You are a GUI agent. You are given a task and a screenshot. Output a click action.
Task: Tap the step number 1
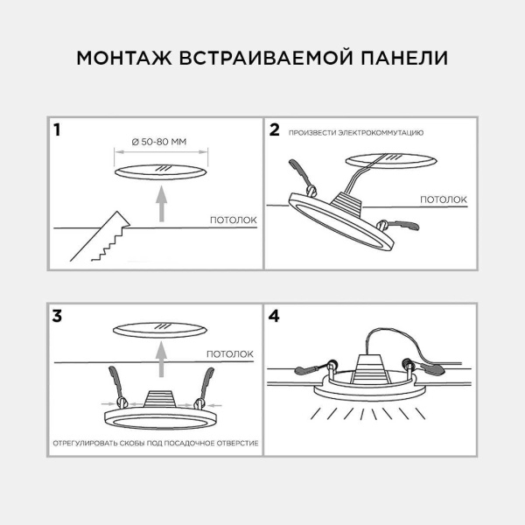tap(58, 131)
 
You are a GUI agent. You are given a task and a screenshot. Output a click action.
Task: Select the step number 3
tap(58, 317)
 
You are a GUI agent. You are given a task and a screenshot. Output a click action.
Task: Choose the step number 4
tap(275, 317)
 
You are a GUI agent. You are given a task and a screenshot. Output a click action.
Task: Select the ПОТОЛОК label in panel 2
tap(443, 199)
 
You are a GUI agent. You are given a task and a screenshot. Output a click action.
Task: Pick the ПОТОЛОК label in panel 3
tap(229, 354)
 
